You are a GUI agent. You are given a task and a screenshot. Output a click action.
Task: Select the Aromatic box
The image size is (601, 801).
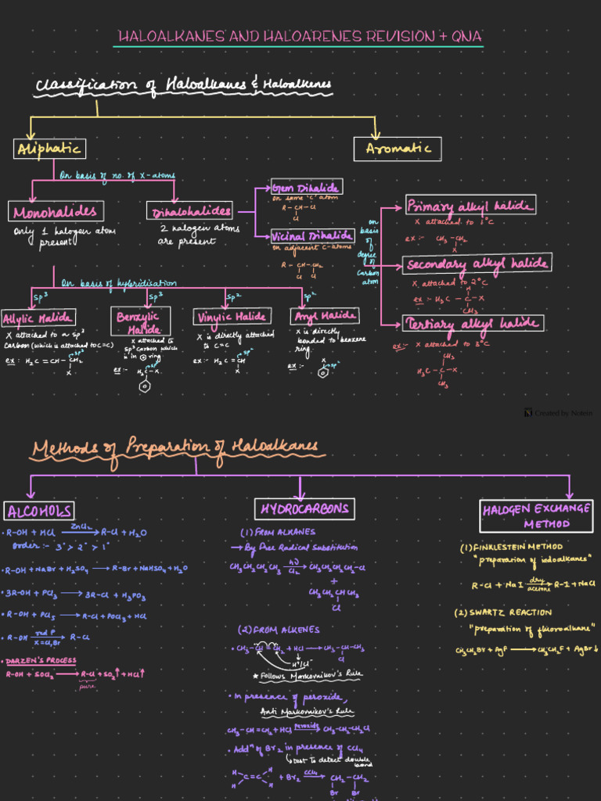(398, 149)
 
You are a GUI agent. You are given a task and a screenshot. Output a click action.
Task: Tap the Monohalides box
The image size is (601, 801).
(56, 211)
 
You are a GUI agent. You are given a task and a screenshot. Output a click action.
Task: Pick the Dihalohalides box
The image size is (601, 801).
(190, 211)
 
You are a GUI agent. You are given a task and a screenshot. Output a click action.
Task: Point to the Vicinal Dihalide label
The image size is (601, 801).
(312, 235)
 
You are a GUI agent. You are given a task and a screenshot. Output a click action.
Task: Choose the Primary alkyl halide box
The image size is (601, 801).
(470, 207)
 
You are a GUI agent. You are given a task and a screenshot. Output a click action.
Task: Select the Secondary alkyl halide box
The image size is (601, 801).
(477, 264)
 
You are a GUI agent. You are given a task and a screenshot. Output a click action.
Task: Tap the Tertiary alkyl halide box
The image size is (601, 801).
(473, 323)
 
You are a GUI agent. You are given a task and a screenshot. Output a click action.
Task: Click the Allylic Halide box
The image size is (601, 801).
(38, 318)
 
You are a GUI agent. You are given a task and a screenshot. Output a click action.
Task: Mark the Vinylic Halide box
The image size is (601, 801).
(232, 317)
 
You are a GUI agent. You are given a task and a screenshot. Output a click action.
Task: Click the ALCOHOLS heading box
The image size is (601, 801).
(39, 511)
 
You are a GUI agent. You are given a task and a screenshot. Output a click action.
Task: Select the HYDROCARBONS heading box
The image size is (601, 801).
(304, 509)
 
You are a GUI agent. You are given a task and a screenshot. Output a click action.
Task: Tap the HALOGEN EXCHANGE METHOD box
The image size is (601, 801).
(536, 515)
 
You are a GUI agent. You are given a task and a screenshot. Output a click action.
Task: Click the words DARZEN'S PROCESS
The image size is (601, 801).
(41, 660)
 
